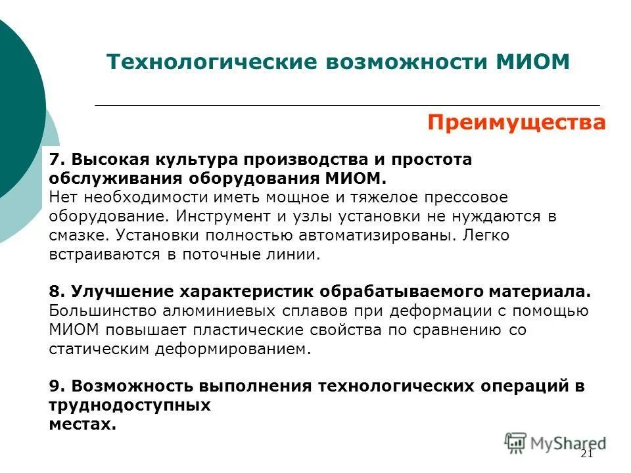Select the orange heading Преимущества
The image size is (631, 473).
coord(516,123)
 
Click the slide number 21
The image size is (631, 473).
coord(587,455)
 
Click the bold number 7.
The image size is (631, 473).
coord(55,160)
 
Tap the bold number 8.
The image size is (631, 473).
coord(55,292)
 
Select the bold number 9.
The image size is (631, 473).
coord(55,386)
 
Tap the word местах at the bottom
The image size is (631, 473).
coord(82,424)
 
